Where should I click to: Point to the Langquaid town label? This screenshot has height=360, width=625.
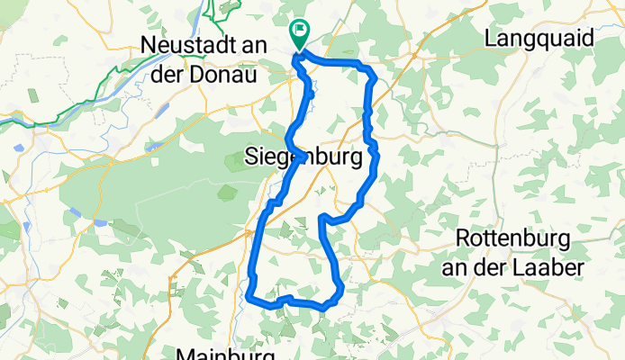pos(539,39)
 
